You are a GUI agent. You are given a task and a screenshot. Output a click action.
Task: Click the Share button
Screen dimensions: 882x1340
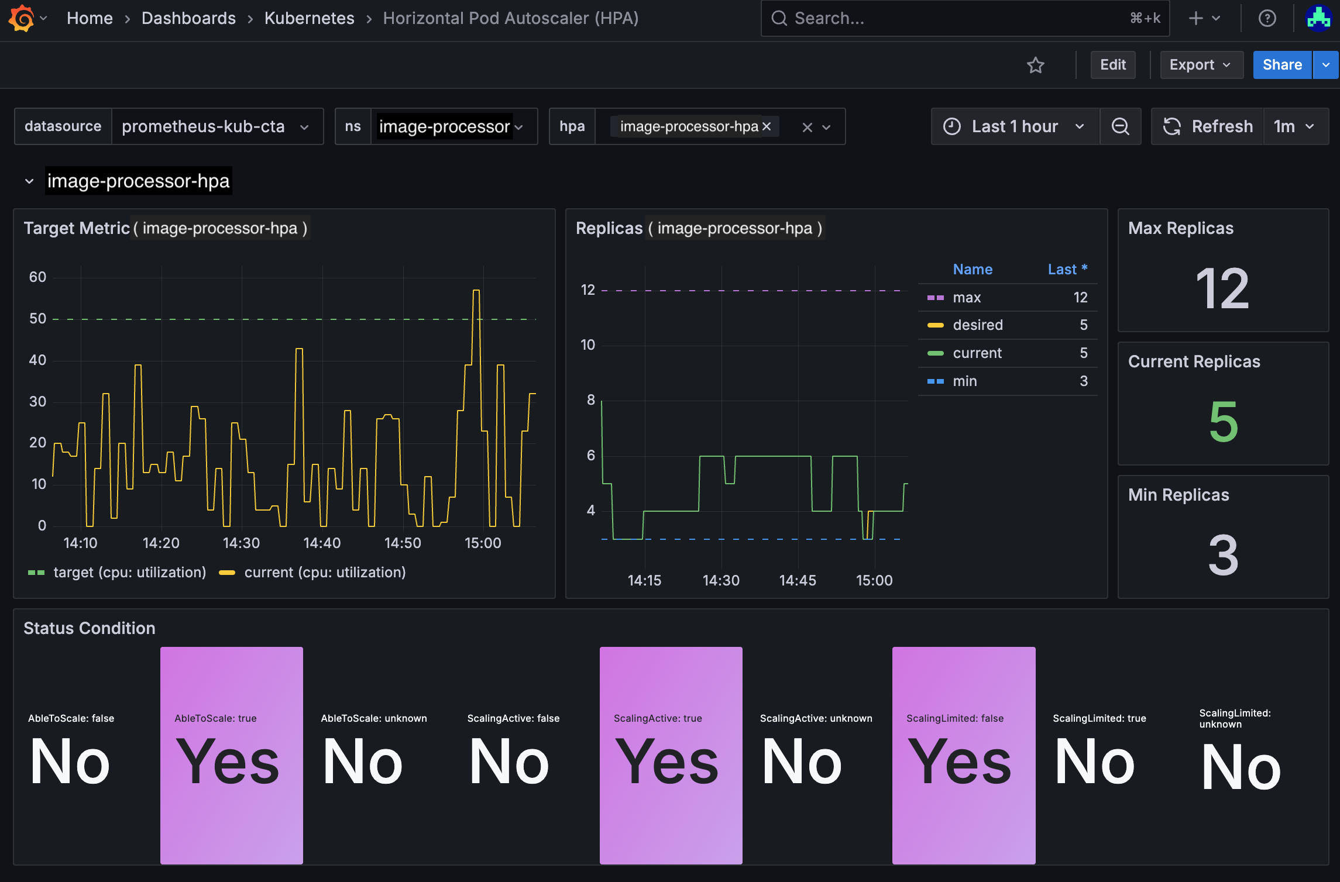pyautogui.click(x=1281, y=65)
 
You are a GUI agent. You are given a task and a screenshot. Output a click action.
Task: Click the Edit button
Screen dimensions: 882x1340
pyautogui.click(x=1112, y=65)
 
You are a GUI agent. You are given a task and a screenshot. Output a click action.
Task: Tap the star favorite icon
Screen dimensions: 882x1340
pyautogui.click(x=1035, y=65)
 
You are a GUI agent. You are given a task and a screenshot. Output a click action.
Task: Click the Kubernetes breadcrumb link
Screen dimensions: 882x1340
pyautogui.click(x=309, y=18)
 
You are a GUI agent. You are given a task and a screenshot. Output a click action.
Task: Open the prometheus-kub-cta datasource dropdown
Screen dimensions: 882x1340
pyautogui.click(x=215, y=126)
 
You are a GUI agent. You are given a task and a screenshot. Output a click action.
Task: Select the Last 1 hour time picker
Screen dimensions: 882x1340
pyautogui.click(x=1014, y=126)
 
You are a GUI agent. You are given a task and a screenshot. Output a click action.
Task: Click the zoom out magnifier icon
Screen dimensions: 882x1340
pyautogui.click(x=1120, y=126)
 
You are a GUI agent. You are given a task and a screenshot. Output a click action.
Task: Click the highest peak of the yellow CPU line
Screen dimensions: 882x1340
pyautogui.click(x=476, y=291)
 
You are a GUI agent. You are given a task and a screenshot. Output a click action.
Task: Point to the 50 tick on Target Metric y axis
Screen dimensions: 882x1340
pyautogui.click(x=37, y=319)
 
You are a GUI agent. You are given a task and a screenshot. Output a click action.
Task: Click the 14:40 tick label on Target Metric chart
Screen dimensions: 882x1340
pyautogui.click(x=322, y=543)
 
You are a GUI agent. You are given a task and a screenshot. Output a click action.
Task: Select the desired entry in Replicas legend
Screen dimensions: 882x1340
pyautogui.click(x=977, y=325)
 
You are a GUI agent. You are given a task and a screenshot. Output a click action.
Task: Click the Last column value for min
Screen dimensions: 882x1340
pyautogui.click(x=1083, y=381)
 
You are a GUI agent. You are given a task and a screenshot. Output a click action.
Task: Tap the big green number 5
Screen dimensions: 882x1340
pyautogui.click(x=1223, y=422)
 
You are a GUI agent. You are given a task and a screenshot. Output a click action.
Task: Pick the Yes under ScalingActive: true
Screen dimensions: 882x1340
pyautogui.click(x=667, y=762)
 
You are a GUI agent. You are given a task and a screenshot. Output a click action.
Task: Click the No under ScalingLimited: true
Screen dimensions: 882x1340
pyautogui.click(x=1094, y=762)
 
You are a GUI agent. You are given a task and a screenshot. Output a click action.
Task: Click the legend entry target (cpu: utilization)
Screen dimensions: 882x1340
pyautogui.click(x=129, y=572)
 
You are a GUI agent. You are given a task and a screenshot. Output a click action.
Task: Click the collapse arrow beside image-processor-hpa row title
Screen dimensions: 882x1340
pyautogui.click(x=29, y=181)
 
